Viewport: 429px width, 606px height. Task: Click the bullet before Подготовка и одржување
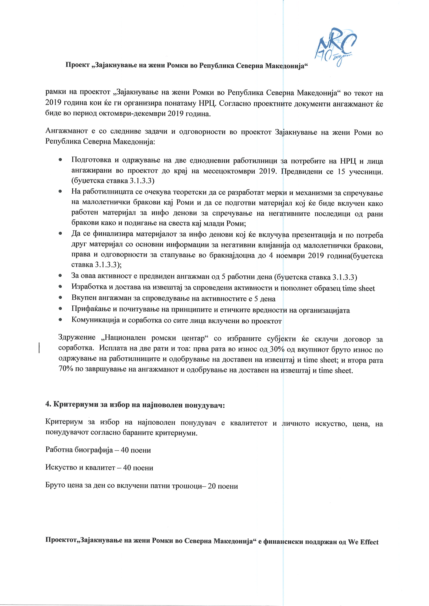[x=61, y=160]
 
